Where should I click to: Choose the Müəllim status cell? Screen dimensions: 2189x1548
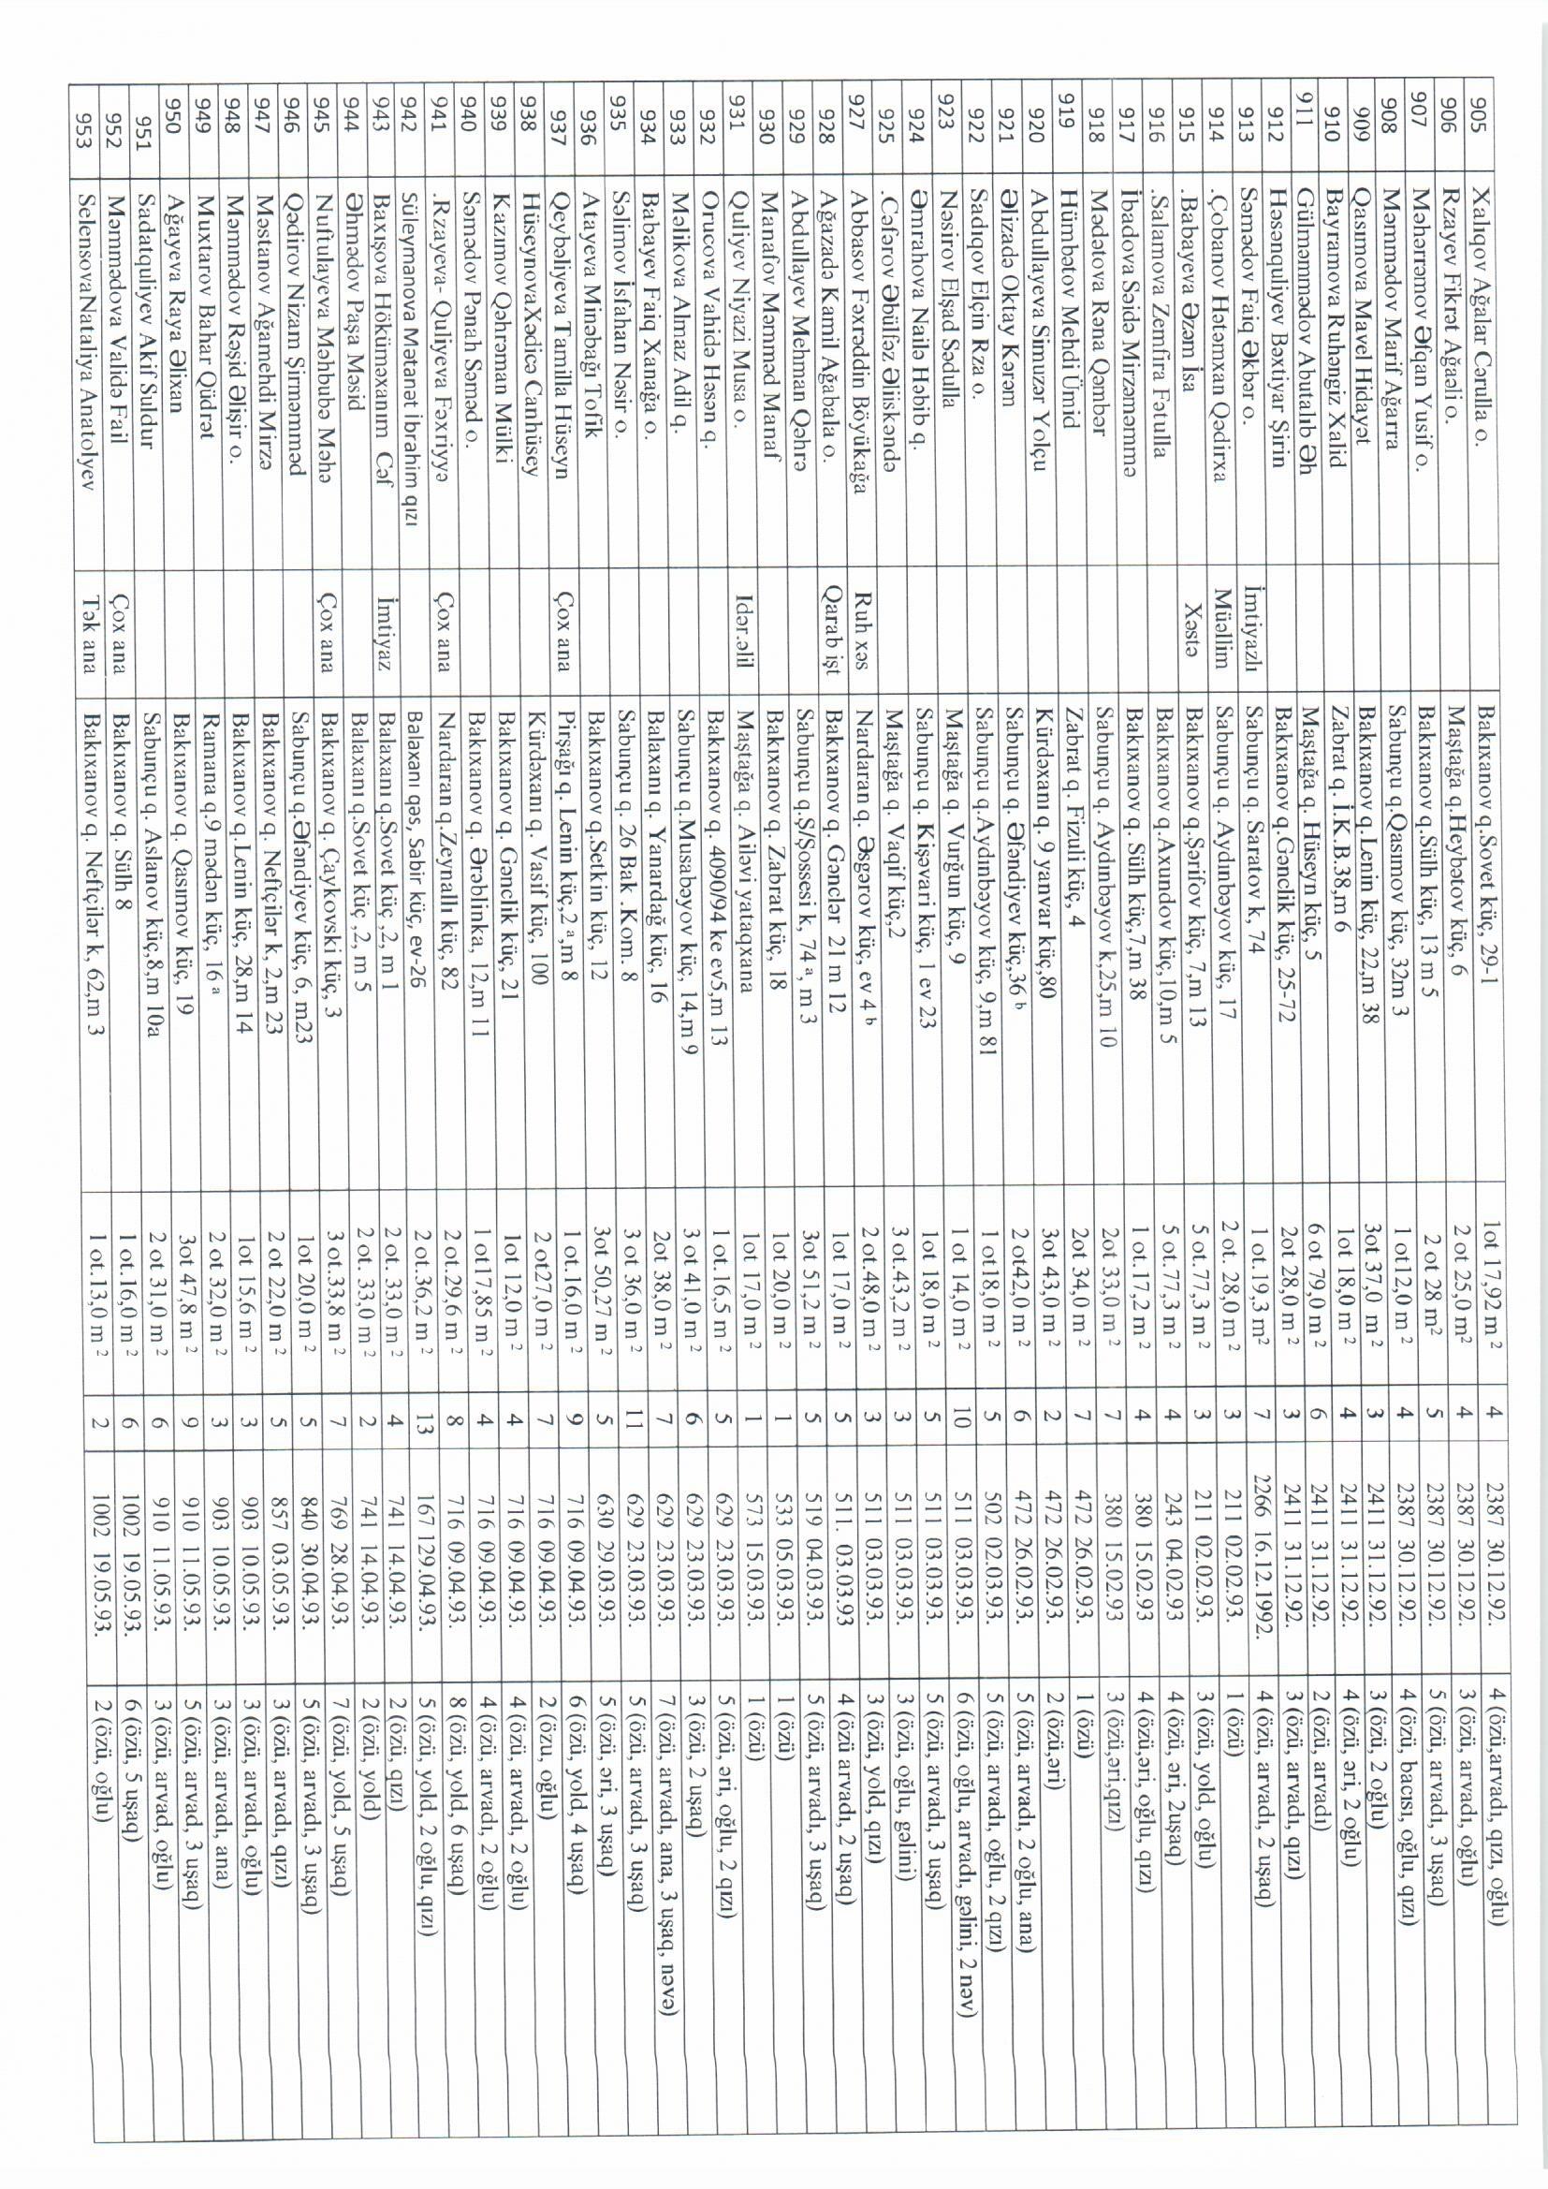pos(1222,633)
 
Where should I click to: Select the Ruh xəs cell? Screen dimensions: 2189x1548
pos(867,633)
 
